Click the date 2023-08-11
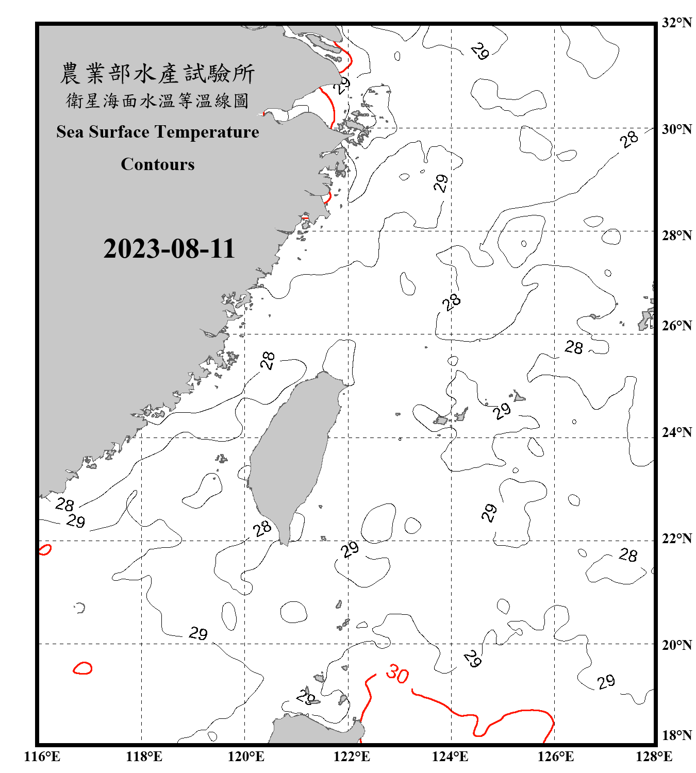point(169,248)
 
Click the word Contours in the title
point(158,164)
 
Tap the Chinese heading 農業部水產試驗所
point(158,73)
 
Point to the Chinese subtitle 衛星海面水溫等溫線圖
point(158,100)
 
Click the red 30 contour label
point(397,674)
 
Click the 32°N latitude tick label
point(677,23)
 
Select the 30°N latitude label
point(677,129)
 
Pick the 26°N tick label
point(677,326)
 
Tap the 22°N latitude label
point(677,539)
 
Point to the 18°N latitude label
point(677,735)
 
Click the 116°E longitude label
point(42,757)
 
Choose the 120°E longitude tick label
point(246,757)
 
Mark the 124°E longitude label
point(450,757)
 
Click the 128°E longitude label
point(654,757)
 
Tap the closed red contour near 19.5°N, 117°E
point(82,668)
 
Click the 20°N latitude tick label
point(677,645)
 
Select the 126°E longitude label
point(555,757)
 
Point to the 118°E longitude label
point(144,757)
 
